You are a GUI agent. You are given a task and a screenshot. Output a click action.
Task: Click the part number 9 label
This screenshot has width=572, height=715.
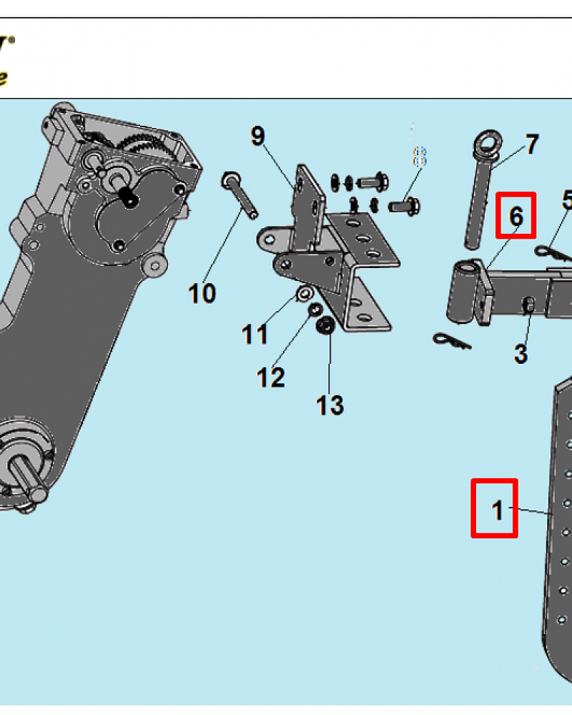tap(257, 136)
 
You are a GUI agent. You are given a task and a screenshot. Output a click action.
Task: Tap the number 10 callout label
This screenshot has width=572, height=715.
tap(202, 293)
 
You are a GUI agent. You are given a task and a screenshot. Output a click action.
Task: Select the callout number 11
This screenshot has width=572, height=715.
tap(255, 334)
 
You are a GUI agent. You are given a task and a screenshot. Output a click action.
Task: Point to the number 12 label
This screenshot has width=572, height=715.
tap(271, 377)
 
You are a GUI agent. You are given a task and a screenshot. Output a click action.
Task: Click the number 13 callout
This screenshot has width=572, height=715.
tap(330, 405)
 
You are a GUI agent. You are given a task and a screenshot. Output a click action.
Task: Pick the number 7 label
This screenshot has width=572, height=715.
tap(532, 145)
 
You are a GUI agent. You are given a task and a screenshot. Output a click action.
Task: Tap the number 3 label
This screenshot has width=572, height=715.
tap(521, 353)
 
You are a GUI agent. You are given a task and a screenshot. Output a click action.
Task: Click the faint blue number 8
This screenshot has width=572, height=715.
tap(420, 157)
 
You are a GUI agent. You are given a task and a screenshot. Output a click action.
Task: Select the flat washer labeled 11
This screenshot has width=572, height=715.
tap(303, 293)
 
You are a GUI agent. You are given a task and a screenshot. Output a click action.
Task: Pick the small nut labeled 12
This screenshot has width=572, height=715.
tap(313, 310)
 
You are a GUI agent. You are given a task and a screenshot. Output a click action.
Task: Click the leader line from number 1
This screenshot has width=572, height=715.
tap(533, 512)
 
